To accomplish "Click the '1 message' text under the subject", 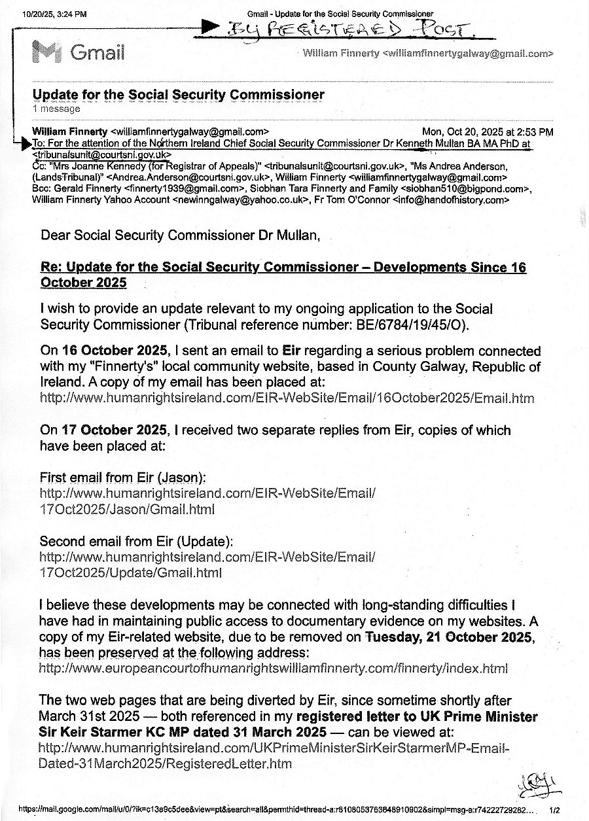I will tap(56, 109).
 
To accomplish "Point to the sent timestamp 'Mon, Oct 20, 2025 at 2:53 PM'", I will tap(488, 131).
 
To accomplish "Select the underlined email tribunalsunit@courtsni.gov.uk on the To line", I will tap(102, 155).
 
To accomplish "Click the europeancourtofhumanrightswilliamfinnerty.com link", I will tap(273, 669).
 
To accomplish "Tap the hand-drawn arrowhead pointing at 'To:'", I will tap(27, 143).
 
